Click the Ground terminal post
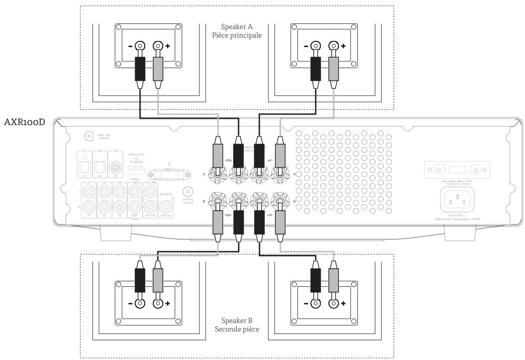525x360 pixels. [188, 191]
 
